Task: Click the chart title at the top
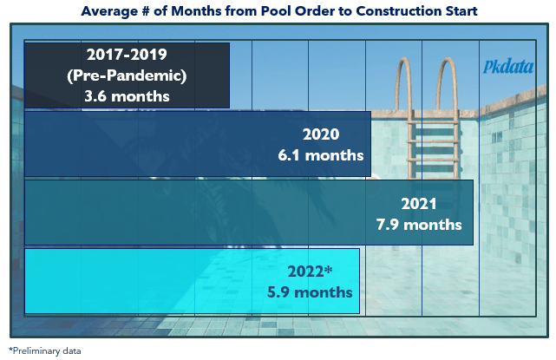279,11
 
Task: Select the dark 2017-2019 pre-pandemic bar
127,75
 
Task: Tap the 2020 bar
198,144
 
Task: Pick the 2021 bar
249,213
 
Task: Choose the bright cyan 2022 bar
192,281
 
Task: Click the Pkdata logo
508,66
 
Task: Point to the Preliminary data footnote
45,350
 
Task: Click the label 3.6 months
127,96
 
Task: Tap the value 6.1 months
321,155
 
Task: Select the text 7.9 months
419,225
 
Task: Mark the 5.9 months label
310,292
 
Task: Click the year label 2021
419,204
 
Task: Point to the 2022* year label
310,272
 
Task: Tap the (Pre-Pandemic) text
127,75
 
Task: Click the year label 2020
321,134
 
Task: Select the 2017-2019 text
127,55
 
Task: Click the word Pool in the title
276,11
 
